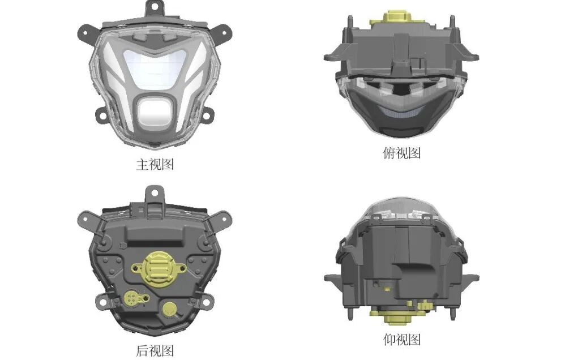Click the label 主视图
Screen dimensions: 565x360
155,164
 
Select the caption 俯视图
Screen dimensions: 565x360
401,153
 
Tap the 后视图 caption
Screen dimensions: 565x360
155,350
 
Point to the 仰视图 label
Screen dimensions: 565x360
401,339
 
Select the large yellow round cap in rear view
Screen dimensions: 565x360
158,267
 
